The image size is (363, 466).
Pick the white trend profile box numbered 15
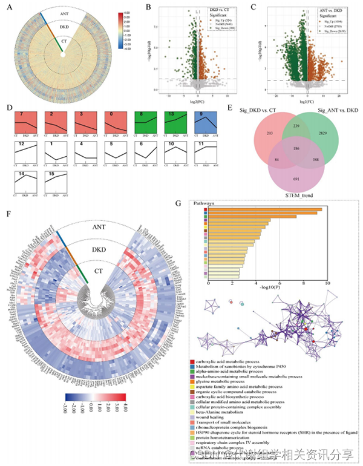click(x=57, y=183)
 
